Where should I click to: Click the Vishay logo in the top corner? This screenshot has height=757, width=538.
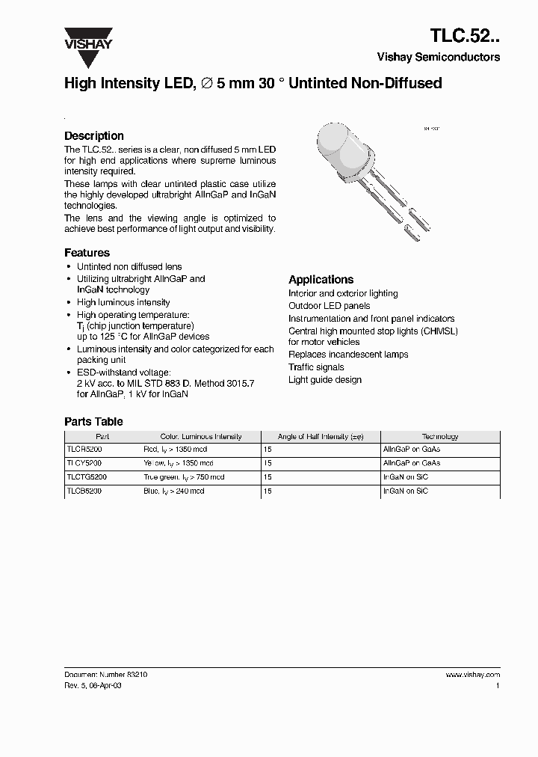(x=87, y=38)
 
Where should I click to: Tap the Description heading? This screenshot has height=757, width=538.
(x=94, y=136)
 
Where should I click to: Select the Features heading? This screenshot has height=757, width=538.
(x=87, y=253)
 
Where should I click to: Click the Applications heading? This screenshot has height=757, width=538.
(x=321, y=280)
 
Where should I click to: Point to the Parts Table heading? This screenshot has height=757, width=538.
(x=93, y=422)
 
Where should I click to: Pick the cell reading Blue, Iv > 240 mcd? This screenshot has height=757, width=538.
(x=173, y=491)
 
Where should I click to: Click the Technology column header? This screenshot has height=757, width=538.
(x=440, y=436)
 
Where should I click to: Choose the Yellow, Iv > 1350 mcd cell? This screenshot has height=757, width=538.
(x=178, y=464)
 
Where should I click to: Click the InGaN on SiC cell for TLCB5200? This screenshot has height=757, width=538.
(x=406, y=491)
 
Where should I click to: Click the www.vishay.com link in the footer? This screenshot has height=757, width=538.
(x=473, y=675)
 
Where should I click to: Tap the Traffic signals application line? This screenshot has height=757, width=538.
(x=316, y=367)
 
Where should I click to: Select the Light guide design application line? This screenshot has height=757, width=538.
(x=325, y=380)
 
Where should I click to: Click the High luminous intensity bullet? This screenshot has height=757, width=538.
(x=123, y=302)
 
